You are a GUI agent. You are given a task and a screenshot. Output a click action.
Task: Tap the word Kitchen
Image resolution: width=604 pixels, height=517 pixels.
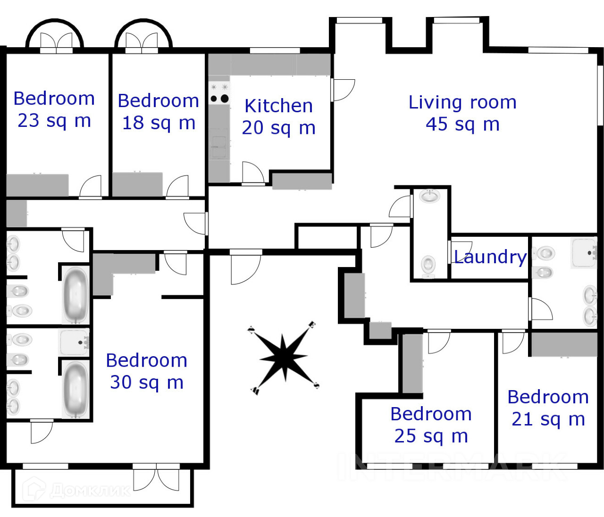[x=278, y=106]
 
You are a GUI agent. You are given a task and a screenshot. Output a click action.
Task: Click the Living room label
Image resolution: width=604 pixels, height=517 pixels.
[x=462, y=102]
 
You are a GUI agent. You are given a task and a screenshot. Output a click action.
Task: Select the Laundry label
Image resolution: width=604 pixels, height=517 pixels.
[x=490, y=257]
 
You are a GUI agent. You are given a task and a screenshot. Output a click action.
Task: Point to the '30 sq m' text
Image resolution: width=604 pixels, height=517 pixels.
[x=147, y=383]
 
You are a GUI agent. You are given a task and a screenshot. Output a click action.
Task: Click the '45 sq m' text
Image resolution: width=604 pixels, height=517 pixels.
[x=462, y=125]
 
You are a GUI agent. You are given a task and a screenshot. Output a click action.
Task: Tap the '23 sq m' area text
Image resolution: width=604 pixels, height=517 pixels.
[x=54, y=121]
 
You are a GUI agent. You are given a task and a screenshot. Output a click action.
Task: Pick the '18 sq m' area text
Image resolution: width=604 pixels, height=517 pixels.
[x=159, y=123]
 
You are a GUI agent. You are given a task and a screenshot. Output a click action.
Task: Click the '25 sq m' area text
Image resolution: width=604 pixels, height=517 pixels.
[x=431, y=436]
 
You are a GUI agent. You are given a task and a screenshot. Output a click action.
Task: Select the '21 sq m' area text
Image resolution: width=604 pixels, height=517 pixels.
[x=548, y=419]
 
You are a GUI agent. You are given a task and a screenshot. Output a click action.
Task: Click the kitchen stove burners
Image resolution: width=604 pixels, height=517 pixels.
[x=219, y=98]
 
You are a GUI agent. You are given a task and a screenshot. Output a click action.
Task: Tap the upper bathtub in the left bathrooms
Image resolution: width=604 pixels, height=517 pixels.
[x=75, y=294]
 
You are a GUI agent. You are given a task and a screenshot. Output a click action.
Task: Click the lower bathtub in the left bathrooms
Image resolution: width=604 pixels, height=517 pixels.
[x=75, y=389]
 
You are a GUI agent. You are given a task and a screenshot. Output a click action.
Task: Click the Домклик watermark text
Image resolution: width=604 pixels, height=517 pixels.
[x=90, y=491]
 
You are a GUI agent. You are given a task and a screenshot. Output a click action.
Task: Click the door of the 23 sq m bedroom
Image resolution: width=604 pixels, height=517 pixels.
[x=91, y=187]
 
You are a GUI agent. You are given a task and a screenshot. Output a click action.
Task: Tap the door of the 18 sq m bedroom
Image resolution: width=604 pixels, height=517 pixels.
[x=178, y=187]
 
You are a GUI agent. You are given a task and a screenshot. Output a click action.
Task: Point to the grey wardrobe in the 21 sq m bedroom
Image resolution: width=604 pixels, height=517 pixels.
[x=564, y=344]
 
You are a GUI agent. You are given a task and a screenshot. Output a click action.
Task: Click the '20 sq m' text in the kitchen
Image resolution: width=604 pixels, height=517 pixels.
[x=278, y=128]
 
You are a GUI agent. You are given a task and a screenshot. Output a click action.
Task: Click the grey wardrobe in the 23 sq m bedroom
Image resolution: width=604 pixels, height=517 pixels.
[x=37, y=185]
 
